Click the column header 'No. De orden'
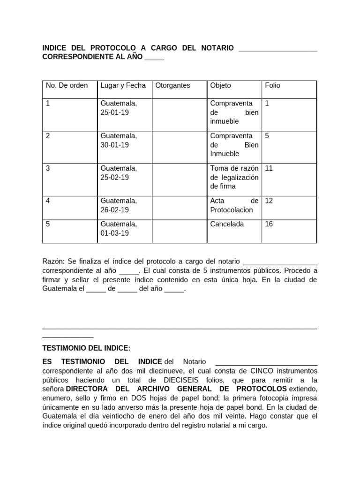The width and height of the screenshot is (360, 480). (x=67, y=85)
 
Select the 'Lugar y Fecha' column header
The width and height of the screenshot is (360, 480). (x=123, y=85)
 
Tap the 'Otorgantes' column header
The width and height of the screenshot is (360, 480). (x=172, y=85)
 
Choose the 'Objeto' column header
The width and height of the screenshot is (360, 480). (x=220, y=85)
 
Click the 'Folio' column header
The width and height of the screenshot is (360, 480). (x=272, y=85)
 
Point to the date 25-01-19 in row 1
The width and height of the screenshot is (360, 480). (x=114, y=112)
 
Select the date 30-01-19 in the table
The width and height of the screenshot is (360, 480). (x=114, y=145)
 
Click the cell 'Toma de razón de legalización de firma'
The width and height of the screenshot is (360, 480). (x=234, y=177)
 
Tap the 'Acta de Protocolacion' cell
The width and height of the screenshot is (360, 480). (x=234, y=205)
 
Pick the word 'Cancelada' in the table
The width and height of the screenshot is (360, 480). (x=227, y=224)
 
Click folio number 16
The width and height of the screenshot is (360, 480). (x=269, y=224)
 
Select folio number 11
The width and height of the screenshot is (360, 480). (x=269, y=168)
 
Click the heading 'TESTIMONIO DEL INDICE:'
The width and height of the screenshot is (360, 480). (x=86, y=348)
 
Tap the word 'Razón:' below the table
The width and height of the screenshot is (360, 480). (x=54, y=261)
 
